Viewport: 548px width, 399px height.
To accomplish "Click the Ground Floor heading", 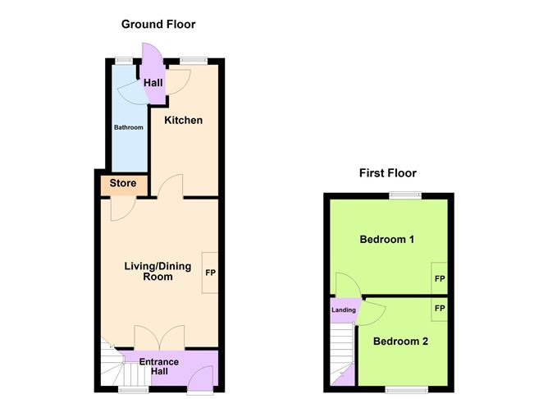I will pyautogui.click(x=158, y=25).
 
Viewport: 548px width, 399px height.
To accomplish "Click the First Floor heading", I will pyautogui.click(x=387, y=173).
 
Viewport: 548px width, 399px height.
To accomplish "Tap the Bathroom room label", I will pyautogui.click(x=128, y=127).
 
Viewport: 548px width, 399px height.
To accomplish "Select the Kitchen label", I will pyautogui.click(x=183, y=121).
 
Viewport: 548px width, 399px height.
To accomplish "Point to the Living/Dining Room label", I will pyautogui.click(x=148, y=271).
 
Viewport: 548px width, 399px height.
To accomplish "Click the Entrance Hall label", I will pyautogui.click(x=158, y=367).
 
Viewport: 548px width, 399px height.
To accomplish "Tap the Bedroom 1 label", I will pyautogui.click(x=386, y=240).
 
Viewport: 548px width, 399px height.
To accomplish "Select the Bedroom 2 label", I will pyautogui.click(x=400, y=341).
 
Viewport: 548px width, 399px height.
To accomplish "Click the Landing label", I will pyautogui.click(x=343, y=310).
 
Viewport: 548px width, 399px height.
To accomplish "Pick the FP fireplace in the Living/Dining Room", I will pyautogui.click(x=210, y=272).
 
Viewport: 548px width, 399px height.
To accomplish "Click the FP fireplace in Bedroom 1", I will pyautogui.click(x=440, y=279).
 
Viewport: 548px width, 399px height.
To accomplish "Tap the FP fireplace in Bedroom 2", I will pyautogui.click(x=440, y=309).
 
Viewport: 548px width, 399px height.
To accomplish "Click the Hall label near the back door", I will pyautogui.click(x=153, y=83).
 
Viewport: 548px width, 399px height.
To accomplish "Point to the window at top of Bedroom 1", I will pyautogui.click(x=405, y=195).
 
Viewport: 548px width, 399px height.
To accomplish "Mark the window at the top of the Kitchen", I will pyautogui.click(x=193, y=60).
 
